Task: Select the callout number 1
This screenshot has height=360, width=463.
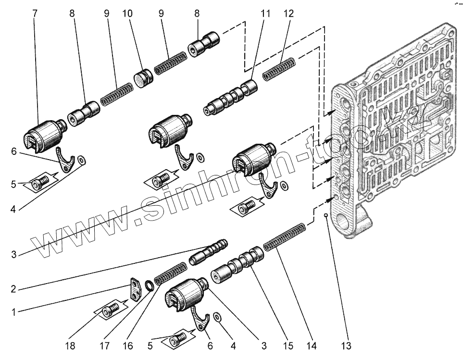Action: [x=15, y=312]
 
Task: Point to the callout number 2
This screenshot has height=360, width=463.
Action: [x=15, y=289]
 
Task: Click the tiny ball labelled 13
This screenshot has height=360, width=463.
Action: [x=326, y=215]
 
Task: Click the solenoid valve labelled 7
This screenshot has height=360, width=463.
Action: [x=45, y=133]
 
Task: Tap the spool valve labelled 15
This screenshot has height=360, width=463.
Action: [x=238, y=264]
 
